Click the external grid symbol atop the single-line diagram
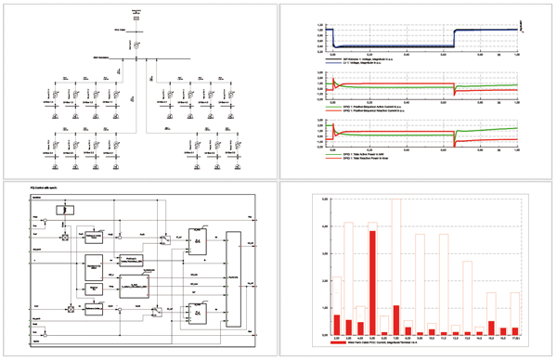pyautogui.click(x=136, y=17)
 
